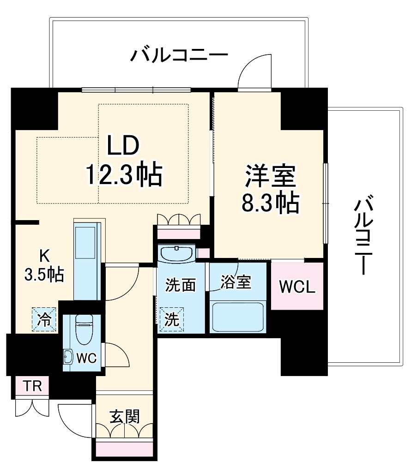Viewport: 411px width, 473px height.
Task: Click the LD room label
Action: pyautogui.click(x=123, y=147)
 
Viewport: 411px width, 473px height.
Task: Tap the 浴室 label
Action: pyautogui.click(x=236, y=282)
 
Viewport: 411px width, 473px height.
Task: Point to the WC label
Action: pyautogui.click(x=86, y=358)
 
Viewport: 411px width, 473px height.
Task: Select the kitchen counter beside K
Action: pyautogui.click(x=87, y=261)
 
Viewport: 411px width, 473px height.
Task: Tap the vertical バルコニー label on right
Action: pyautogui.click(x=365, y=235)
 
